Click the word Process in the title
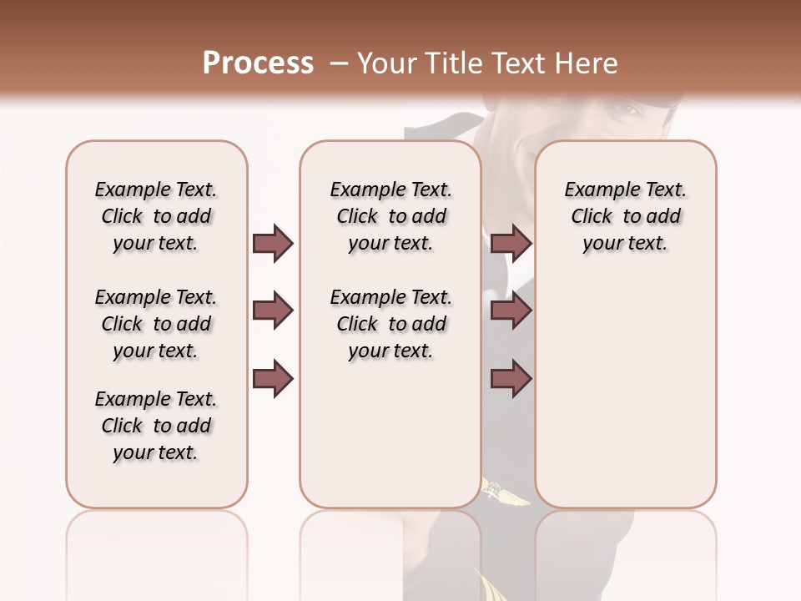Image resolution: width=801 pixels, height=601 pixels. click(258, 63)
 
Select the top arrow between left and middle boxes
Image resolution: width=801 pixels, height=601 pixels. click(273, 244)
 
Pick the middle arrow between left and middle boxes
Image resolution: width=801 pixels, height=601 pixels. click(273, 311)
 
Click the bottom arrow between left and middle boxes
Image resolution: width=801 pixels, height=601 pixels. click(273, 379)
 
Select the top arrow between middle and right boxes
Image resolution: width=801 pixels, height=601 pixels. click(511, 244)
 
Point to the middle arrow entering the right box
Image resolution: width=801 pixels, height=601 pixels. click(511, 311)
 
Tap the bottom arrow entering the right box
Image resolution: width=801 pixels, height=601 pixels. click(511, 379)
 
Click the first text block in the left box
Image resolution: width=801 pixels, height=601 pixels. click(156, 216)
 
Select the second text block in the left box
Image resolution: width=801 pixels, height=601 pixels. click(156, 324)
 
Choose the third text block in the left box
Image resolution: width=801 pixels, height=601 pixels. click(156, 426)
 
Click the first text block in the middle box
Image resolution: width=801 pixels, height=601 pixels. click(390, 216)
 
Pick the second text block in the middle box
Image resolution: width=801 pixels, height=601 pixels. click(390, 324)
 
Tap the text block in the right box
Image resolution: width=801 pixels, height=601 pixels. click(625, 216)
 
